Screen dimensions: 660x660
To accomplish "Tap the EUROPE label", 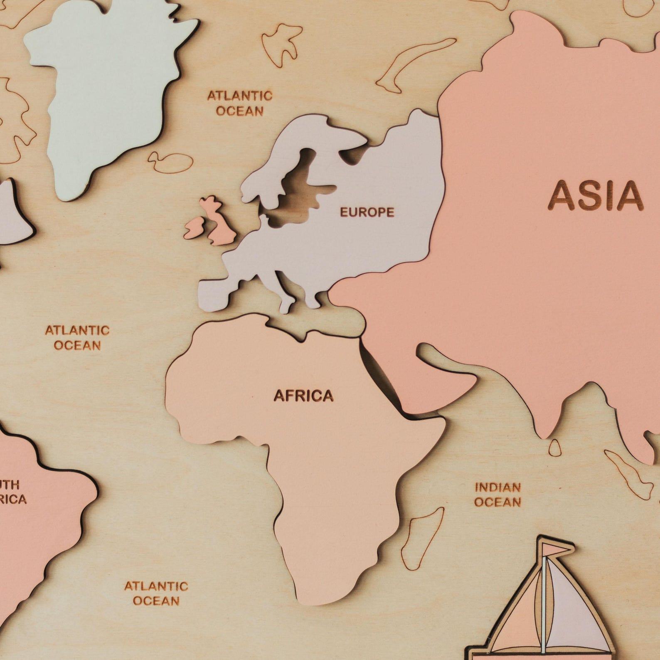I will [367, 212].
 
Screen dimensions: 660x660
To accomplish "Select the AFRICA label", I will [303, 396].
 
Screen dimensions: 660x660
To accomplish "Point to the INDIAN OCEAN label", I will [497, 495].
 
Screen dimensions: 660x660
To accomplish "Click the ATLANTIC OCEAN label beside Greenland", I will [240, 103].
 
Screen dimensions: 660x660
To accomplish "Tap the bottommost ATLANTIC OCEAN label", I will [156, 593].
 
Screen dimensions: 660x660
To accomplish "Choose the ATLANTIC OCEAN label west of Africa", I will [77, 337].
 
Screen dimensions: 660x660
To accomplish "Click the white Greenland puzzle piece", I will [104, 91].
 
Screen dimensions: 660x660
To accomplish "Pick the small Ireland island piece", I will [193, 228].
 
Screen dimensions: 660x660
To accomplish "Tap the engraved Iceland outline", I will [170, 162].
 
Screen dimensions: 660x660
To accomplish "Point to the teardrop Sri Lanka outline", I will [554, 448].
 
